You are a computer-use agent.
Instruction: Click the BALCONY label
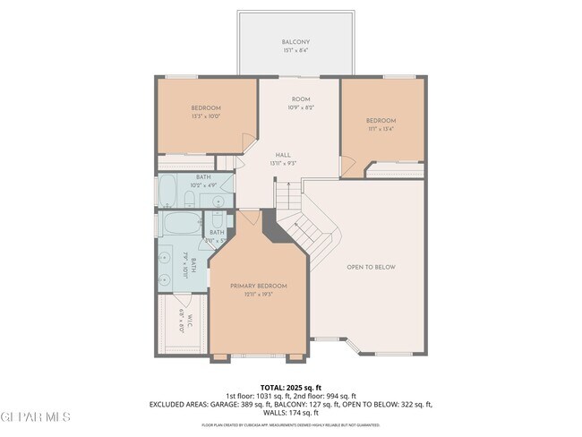tap(295, 42)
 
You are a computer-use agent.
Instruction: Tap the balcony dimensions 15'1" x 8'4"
tap(295, 51)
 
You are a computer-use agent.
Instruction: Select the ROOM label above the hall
tap(301, 99)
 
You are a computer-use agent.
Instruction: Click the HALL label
tap(283, 154)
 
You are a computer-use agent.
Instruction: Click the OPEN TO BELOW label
tap(372, 267)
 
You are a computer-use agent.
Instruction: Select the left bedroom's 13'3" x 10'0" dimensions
tap(205, 116)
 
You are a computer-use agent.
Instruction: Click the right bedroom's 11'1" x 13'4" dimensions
tap(381, 129)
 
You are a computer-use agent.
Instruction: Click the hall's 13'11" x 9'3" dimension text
tap(283, 163)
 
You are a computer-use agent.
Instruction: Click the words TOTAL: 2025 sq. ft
tap(291, 388)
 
